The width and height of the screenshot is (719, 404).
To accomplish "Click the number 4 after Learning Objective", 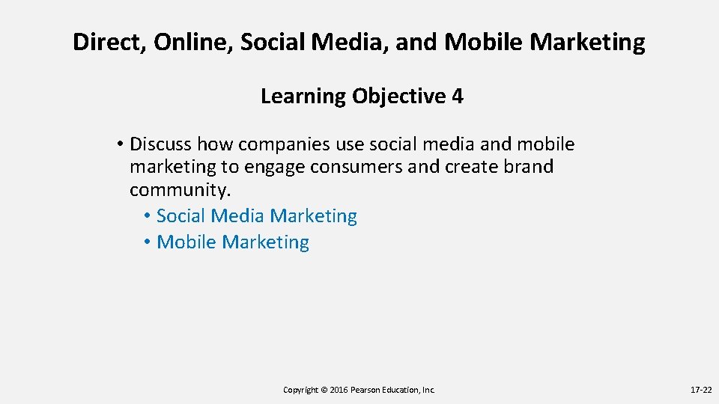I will pos(458,97).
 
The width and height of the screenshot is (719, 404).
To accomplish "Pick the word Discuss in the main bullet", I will pos(161,144).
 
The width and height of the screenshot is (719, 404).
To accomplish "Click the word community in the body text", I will pos(178,190).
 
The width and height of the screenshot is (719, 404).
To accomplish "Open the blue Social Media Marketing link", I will pos(257,216).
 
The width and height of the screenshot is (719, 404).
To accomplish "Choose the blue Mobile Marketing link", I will pos(233,242).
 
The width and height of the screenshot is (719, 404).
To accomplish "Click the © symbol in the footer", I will pos(324,390).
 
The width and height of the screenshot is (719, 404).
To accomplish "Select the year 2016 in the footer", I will pos(338,390).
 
